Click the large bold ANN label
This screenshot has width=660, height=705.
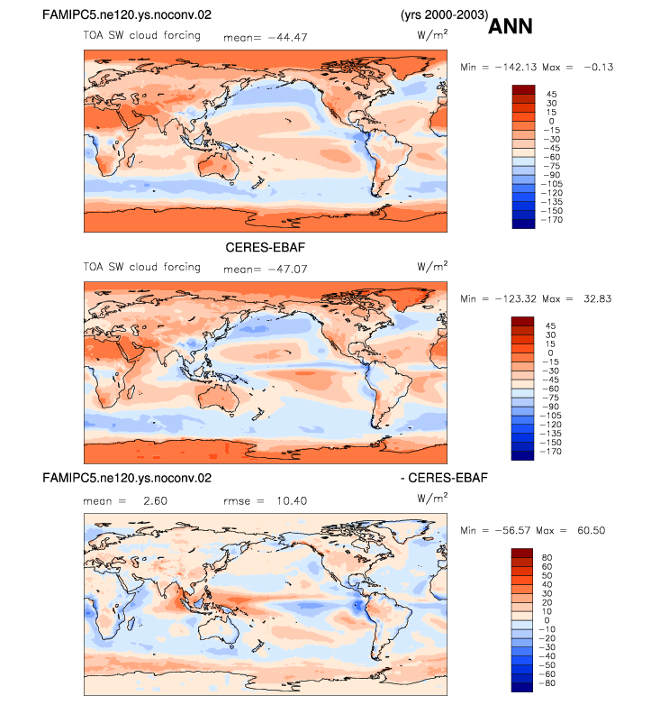[x=510, y=26]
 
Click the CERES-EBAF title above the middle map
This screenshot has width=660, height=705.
[x=265, y=247]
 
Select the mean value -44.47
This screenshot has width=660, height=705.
[x=288, y=37]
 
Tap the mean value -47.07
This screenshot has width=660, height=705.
[x=288, y=270]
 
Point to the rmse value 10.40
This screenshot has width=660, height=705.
[x=292, y=501]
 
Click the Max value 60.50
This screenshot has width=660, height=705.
[x=592, y=530]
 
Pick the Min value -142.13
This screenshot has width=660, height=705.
[x=516, y=67]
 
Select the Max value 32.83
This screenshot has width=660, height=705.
[x=598, y=298]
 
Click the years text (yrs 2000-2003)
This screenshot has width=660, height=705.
[x=445, y=14]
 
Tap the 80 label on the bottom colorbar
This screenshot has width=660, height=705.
[x=547, y=557]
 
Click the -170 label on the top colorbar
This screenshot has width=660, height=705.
[x=552, y=220]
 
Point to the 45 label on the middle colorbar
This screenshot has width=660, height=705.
[x=550, y=326]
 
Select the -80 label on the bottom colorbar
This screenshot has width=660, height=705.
[x=547, y=683]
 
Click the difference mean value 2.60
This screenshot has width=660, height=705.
[x=156, y=501]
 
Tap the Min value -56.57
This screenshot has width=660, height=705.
[x=516, y=530]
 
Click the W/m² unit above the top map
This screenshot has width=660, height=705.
[x=432, y=33]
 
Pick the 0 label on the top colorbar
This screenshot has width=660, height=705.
[x=551, y=122]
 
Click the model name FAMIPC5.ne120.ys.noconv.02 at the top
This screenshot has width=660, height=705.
[x=127, y=14]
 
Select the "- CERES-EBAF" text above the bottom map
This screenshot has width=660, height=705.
[x=444, y=478]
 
